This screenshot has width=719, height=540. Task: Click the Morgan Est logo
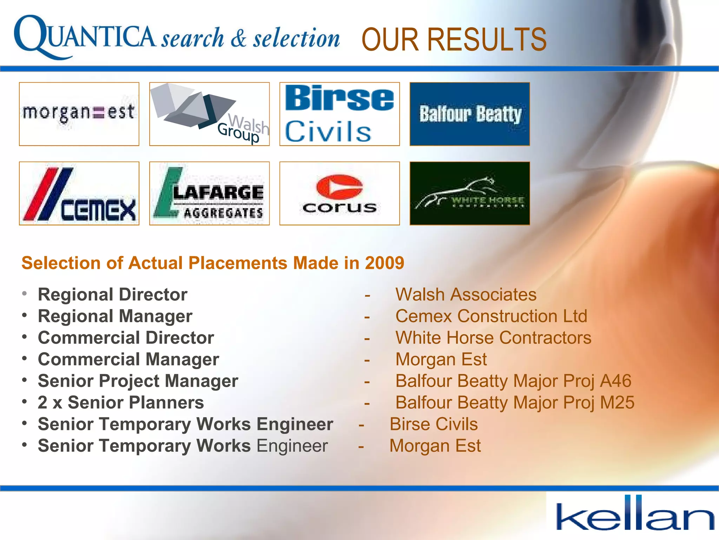click(79, 114)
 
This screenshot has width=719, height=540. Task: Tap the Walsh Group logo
click(209, 114)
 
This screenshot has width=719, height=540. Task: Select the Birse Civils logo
click(339, 114)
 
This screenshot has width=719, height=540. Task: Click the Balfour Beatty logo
click(470, 114)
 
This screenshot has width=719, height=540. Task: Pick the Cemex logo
click(79, 193)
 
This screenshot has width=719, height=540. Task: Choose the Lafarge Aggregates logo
click(209, 193)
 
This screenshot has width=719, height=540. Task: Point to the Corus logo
click(339, 193)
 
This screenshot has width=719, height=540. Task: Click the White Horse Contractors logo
click(470, 193)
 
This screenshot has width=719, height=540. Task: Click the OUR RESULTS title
click(454, 39)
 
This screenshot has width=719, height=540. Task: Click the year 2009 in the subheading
click(384, 263)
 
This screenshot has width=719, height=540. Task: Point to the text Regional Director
click(112, 295)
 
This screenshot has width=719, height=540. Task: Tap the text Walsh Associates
click(466, 295)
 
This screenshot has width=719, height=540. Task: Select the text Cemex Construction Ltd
click(491, 316)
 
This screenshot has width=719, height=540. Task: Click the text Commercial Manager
click(128, 359)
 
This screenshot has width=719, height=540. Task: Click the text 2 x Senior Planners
click(120, 403)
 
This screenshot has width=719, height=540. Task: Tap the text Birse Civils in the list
click(434, 424)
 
